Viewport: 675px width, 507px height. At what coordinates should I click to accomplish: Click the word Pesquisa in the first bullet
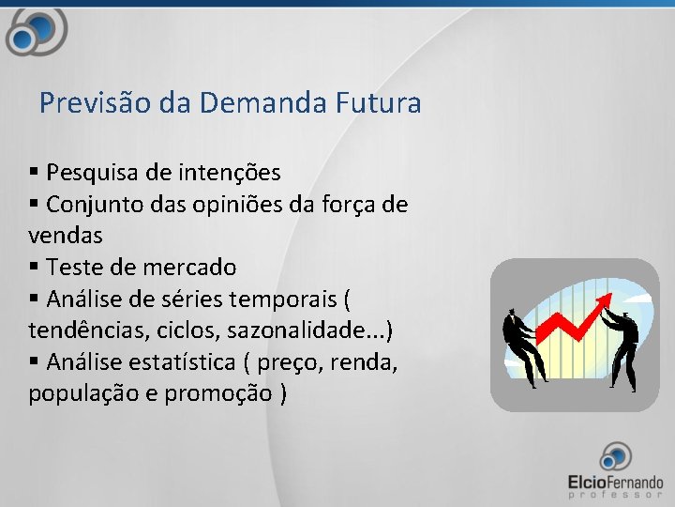point(90,173)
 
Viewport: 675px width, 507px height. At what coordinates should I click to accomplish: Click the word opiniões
point(235,204)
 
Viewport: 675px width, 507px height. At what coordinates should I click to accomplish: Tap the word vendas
point(66,235)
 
